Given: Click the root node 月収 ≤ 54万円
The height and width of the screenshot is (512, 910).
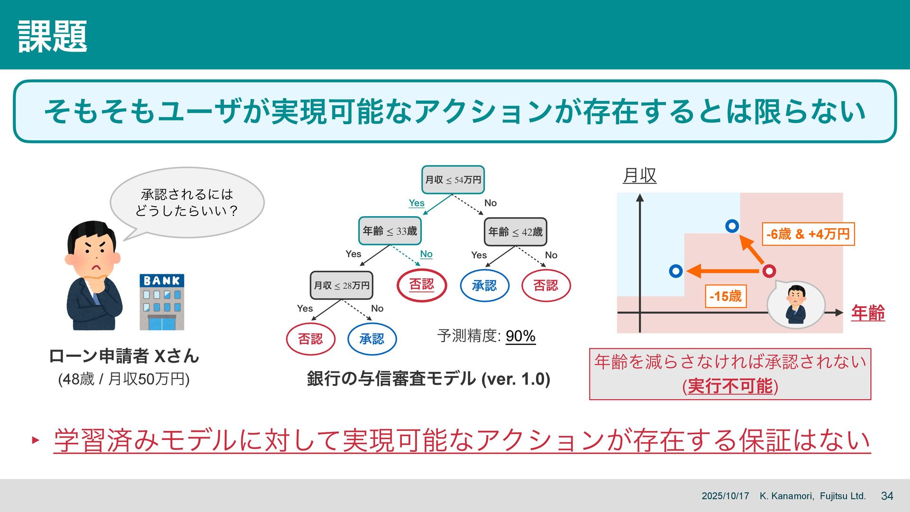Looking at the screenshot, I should coord(453,180).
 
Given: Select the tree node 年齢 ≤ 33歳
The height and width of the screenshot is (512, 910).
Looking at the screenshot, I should coord(390,231).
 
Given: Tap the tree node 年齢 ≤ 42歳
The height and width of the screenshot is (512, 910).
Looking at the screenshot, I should coord(515,232).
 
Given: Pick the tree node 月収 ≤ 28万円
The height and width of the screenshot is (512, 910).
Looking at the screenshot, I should coord(341,285).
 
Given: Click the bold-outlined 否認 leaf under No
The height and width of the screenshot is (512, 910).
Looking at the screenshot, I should coord(421,285).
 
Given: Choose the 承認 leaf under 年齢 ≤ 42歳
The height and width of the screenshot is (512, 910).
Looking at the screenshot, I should coord(484,285).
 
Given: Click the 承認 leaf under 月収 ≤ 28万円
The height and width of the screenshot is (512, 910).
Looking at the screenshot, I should coord(372,339).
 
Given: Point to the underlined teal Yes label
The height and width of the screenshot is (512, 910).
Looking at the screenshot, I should coord(416,203).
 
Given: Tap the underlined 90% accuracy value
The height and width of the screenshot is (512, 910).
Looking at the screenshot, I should coord(520,336).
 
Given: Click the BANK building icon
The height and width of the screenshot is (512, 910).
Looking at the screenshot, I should coord(162,302).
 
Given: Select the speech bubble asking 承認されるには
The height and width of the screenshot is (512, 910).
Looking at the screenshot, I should coord(187,202).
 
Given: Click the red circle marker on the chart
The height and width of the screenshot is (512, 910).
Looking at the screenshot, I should coord(769,271).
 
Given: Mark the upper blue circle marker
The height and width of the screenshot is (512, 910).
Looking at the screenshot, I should coord(732,226).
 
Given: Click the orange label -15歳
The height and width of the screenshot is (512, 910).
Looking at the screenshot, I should coord(725,296).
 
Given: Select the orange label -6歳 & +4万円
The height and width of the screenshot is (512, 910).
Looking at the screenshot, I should coord(808,234).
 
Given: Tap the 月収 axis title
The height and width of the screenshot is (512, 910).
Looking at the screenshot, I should coord(639,175).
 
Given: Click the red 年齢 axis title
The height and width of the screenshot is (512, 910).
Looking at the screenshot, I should coord(867,313).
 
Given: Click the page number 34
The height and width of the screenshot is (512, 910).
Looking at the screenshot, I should coord(887,496).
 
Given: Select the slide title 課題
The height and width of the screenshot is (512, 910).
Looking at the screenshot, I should coord(53,36).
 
